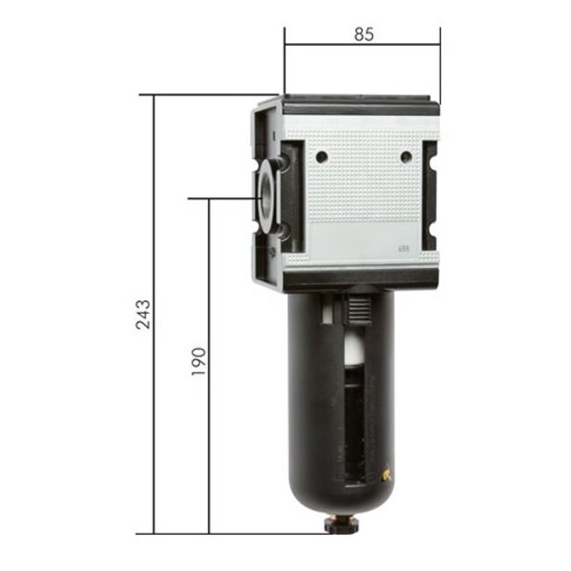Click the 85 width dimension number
[364, 34]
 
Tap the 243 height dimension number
[143, 314]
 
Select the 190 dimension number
[199, 361]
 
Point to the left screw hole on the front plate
[322, 156]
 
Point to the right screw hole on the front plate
[405, 156]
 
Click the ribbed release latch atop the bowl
[356, 309]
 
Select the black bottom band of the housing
[360, 281]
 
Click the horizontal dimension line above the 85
[362, 45]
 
